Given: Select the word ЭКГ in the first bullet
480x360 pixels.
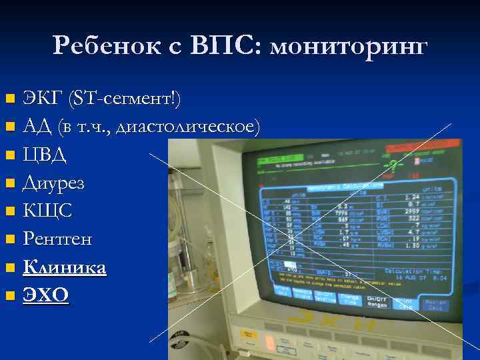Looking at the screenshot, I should tap(41, 99).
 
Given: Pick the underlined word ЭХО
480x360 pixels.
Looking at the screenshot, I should tap(45, 295).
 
